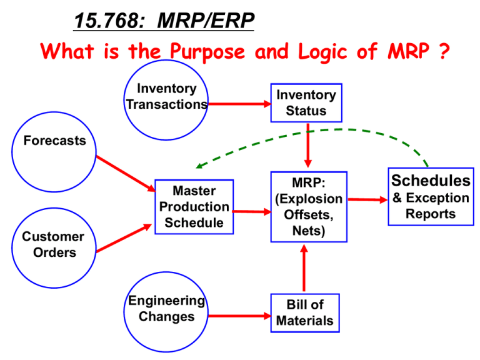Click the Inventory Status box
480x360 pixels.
click(306, 103)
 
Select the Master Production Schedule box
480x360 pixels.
click(194, 207)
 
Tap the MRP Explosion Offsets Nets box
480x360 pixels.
click(308, 207)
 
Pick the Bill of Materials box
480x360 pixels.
click(305, 313)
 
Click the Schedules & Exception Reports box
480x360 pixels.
click(431, 197)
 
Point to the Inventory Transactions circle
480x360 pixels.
click(167, 97)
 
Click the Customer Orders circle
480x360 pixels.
click(53, 245)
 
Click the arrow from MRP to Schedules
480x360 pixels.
click(367, 200)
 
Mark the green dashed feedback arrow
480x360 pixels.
click(312, 132)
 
